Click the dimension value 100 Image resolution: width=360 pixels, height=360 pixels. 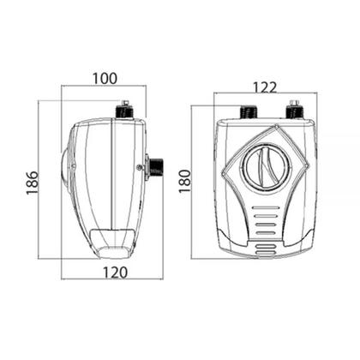[x=105, y=79]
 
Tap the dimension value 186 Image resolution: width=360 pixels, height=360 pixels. [x=32, y=183]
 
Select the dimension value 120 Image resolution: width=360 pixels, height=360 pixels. [x=115, y=273]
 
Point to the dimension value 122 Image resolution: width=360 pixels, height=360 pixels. [x=265, y=87]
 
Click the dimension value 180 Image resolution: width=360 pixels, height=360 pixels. [x=184, y=181]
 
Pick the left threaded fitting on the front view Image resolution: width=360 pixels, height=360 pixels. [x=249, y=111]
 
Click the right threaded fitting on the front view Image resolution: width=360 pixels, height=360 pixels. [x=294, y=110]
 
